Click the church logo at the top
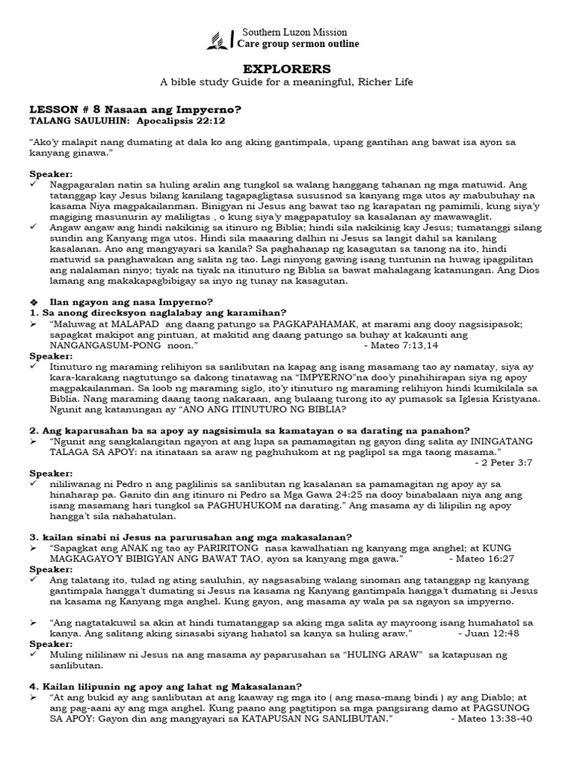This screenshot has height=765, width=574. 220,39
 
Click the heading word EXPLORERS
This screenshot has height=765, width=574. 286,66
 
